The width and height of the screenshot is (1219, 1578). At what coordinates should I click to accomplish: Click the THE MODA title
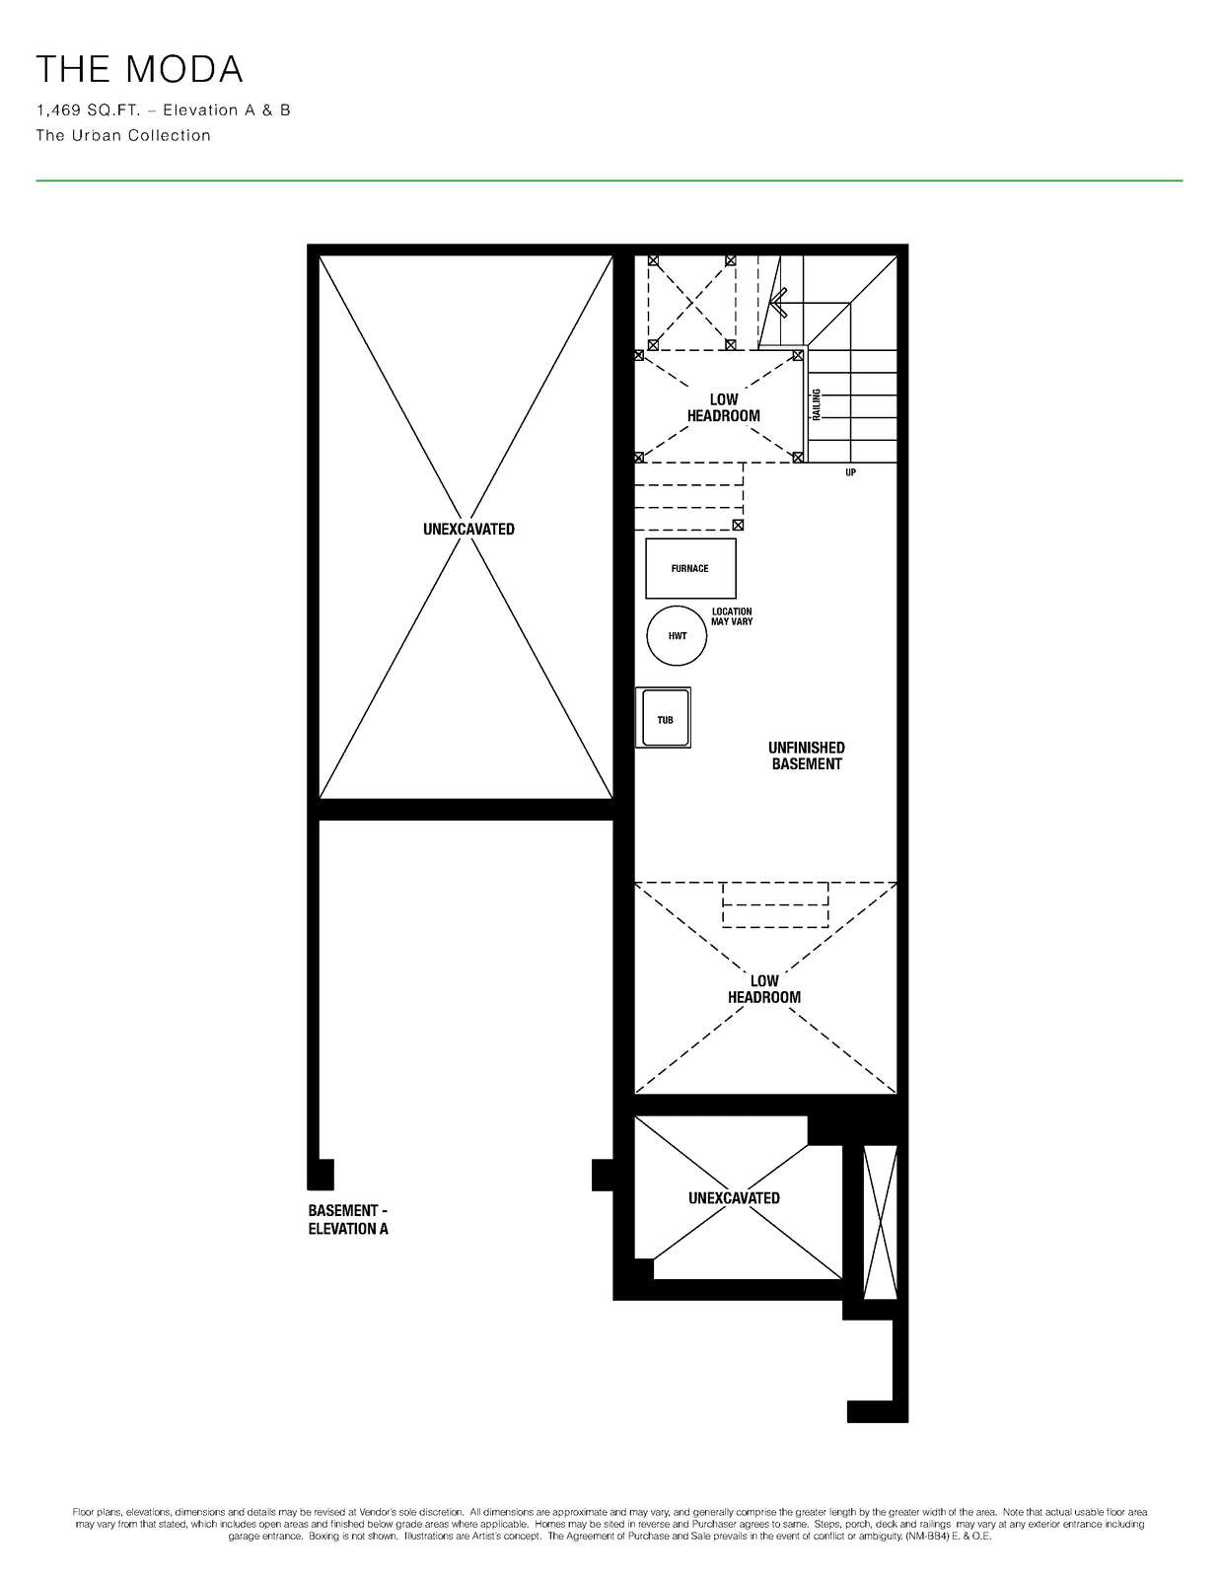(x=139, y=69)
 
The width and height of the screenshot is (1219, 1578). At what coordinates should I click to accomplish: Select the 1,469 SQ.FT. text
(x=88, y=110)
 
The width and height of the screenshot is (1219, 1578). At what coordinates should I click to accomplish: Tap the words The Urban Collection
(x=123, y=136)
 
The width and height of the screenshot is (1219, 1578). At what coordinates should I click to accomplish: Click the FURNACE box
(x=690, y=569)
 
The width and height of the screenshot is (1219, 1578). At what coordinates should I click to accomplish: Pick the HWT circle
(x=677, y=636)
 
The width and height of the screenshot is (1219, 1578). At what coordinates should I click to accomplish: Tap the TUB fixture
(x=664, y=718)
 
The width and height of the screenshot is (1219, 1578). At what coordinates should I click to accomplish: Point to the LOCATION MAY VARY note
(x=732, y=616)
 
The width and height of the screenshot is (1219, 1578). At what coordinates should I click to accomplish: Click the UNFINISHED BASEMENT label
(x=807, y=755)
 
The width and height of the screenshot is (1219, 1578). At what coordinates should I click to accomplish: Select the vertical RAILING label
(x=816, y=404)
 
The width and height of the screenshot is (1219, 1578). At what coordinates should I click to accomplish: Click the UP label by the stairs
(x=850, y=472)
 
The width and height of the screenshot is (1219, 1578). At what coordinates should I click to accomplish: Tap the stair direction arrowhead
(x=778, y=303)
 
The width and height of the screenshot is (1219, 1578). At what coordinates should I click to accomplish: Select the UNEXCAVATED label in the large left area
(x=469, y=530)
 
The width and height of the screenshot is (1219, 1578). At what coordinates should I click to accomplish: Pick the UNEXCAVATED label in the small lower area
(x=734, y=1198)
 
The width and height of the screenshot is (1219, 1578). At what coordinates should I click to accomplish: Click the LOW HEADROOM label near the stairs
(x=724, y=407)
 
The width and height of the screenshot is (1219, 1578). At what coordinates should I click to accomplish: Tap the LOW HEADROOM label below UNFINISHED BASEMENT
(x=764, y=989)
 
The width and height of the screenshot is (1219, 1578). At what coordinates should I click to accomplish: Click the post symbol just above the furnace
(x=738, y=525)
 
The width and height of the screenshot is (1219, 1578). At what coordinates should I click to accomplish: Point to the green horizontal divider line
(x=609, y=180)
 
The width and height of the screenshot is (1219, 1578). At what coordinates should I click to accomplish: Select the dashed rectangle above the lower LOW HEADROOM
(x=775, y=904)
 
